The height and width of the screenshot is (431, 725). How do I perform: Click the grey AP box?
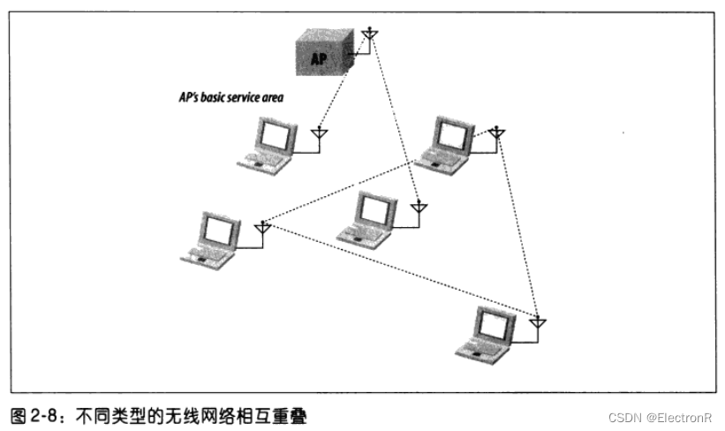click(323, 54)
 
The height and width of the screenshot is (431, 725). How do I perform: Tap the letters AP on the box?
click(320, 59)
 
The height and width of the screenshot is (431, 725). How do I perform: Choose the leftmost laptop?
click(212, 238)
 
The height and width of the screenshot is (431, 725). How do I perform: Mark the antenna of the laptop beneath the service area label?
click(321, 133)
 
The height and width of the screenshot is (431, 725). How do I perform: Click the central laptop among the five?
click(366, 216)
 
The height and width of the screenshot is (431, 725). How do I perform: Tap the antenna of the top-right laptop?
click(498, 132)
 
